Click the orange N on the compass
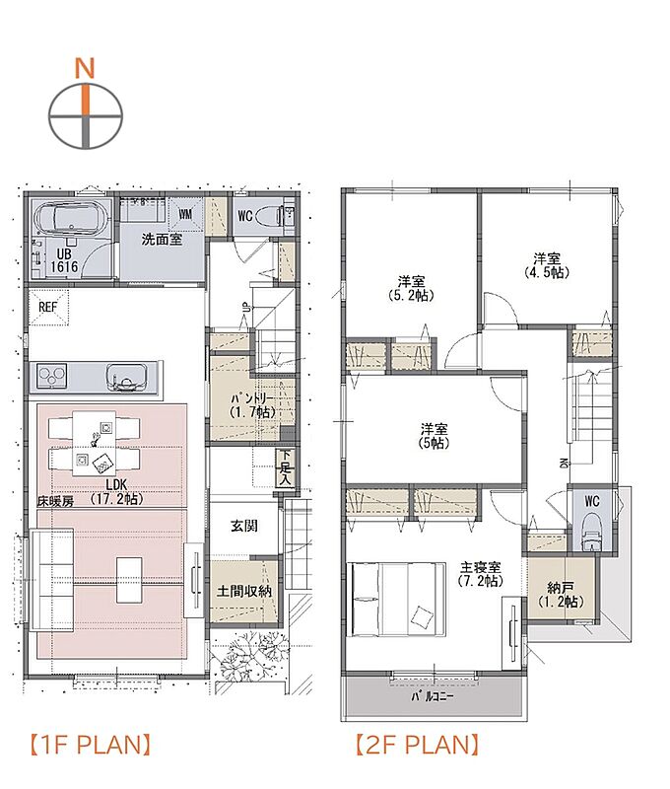click(85, 68)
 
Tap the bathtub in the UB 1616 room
click(70, 218)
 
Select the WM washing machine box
click(185, 214)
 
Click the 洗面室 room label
click(162, 240)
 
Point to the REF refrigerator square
click(47, 307)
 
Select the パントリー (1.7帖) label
click(253, 405)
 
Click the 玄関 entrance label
click(244, 527)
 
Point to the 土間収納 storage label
click(243, 591)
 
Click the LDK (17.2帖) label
click(116, 491)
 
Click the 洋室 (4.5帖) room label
click(547, 265)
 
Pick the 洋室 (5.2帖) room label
click(412, 288)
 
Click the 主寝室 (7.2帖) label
click(481, 573)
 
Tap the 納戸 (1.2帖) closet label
click(560, 595)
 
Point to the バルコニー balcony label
click(433, 697)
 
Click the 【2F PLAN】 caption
click(417, 746)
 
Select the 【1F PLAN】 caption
click(91, 746)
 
